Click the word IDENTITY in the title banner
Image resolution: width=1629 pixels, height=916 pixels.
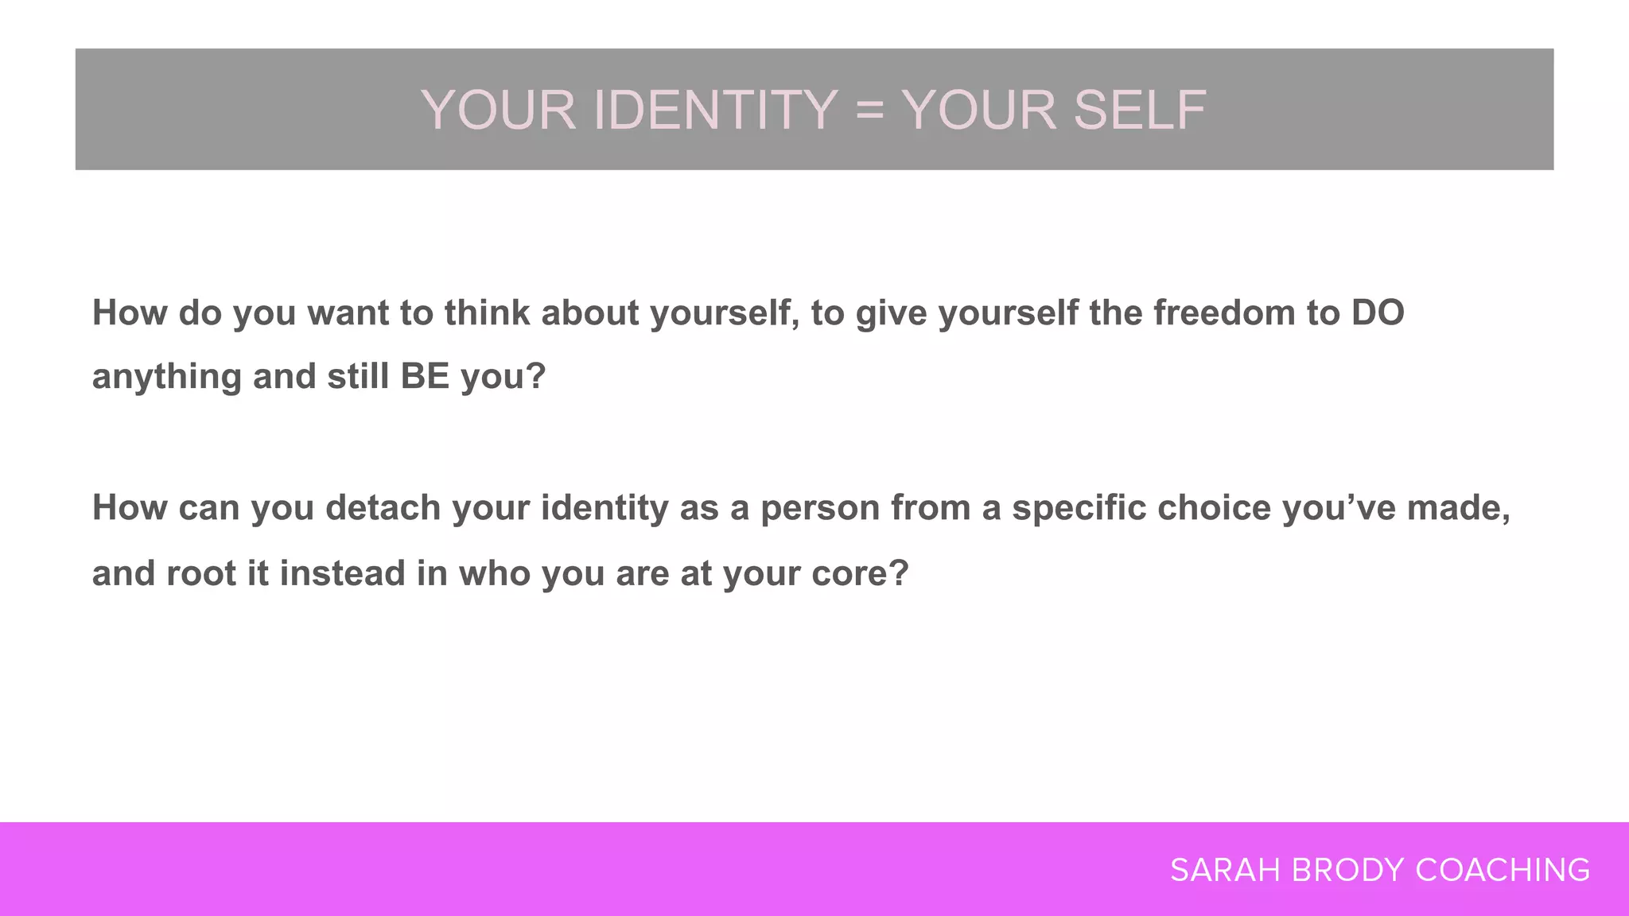tap(715, 110)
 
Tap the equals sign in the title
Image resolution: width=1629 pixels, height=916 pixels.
tap(869, 110)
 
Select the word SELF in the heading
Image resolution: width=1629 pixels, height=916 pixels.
tap(1140, 110)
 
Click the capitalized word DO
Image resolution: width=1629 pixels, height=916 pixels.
tap(1378, 312)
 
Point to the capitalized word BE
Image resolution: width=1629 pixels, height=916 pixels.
tap(425, 376)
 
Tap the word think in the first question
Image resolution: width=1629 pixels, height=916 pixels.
tap(487, 312)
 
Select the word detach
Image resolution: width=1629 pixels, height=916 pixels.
tap(383, 507)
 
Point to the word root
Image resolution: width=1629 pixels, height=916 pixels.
tap(200, 573)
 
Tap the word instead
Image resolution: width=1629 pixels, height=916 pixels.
tap(342, 573)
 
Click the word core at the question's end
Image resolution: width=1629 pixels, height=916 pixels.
tap(859, 573)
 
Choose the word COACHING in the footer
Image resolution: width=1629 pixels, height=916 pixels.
tap(1503, 870)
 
